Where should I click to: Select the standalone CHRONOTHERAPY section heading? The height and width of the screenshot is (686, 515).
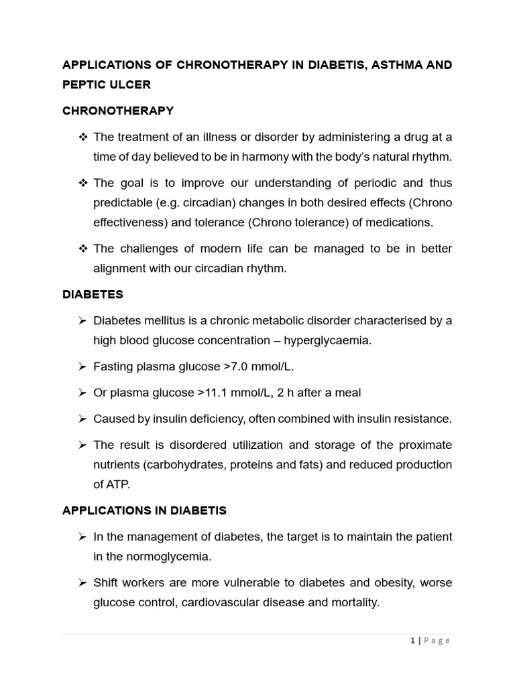(118, 111)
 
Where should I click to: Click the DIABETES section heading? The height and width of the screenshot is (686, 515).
(93, 294)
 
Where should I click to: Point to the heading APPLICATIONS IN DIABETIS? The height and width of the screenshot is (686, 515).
(144, 510)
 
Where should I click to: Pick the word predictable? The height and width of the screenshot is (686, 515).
(125, 202)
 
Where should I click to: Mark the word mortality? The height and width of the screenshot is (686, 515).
(353, 602)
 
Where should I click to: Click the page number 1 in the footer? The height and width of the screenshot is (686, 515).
(413, 640)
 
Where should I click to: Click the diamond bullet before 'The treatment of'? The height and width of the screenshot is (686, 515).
(83, 137)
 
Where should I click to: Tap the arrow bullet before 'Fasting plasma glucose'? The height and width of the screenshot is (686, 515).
(82, 366)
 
